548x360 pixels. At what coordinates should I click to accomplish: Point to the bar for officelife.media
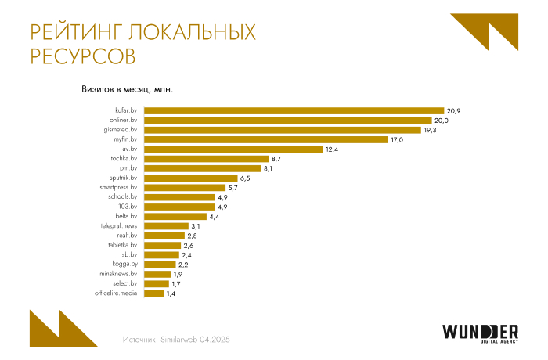click(x=154, y=293)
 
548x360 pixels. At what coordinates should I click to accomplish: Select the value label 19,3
click(x=436, y=130)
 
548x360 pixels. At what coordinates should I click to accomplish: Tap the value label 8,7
click(x=276, y=159)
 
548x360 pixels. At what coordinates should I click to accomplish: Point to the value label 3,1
click(x=196, y=226)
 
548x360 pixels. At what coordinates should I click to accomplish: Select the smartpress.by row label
click(x=119, y=188)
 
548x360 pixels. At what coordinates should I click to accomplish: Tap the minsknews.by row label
click(x=118, y=274)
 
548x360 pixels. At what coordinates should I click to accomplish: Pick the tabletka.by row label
click(x=123, y=245)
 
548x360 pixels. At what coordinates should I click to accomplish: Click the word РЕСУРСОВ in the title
click(x=82, y=57)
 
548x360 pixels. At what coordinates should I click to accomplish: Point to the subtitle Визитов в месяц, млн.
click(x=127, y=88)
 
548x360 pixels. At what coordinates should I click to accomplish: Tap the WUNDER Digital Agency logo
click(x=479, y=333)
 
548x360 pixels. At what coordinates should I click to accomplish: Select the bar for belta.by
click(x=175, y=216)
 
